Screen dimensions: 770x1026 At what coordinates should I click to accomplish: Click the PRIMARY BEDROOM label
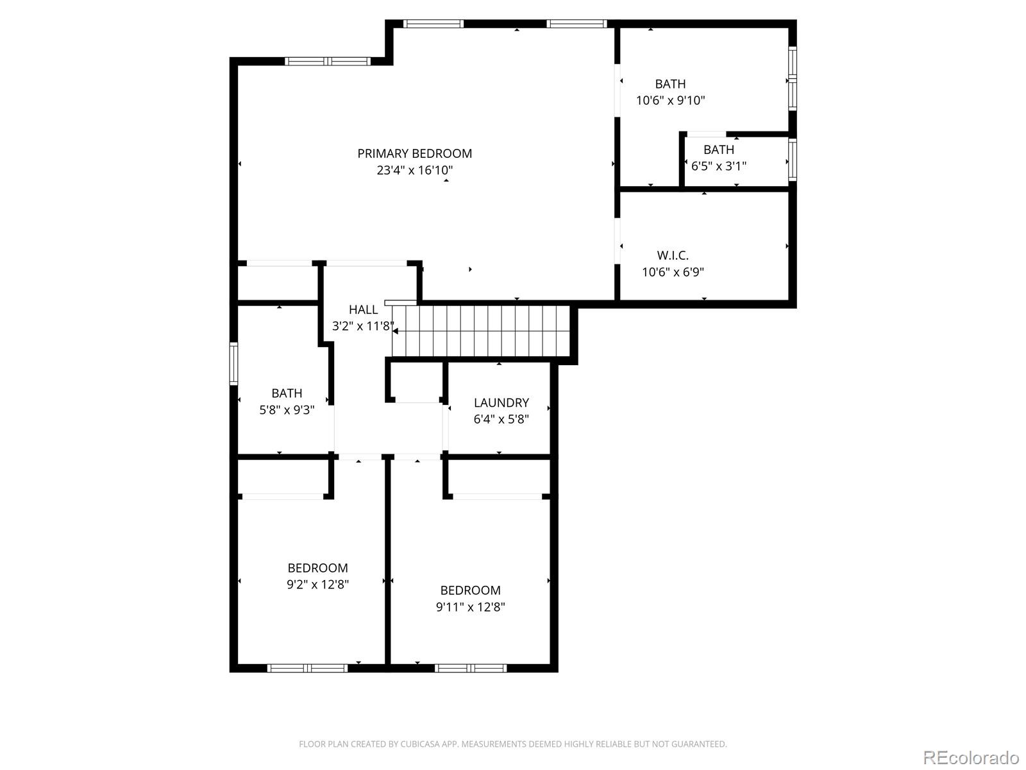pyautogui.click(x=414, y=153)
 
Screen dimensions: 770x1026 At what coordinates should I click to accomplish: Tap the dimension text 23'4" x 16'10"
pyautogui.click(x=414, y=171)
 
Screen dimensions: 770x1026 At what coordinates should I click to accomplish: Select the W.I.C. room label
pyautogui.click(x=673, y=255)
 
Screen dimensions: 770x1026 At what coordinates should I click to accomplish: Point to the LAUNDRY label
pyautogui.click(x=501, y=403)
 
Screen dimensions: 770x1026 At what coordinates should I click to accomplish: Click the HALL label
pyautogui.click(x=363, y=310)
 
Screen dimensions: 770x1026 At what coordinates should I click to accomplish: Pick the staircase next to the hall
pyautogui.click(x=481, y=330)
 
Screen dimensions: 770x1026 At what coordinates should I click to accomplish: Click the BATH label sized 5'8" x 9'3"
pyautogui.click(x=287, y=393)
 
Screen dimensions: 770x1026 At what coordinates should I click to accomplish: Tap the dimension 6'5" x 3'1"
pyautogui.click(x=718, y=166)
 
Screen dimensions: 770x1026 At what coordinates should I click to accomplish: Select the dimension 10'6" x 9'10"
pyautogui.click(x=670, y=101)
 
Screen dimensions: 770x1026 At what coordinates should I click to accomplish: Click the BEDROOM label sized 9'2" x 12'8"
pyautogui.click(x=317, y=568)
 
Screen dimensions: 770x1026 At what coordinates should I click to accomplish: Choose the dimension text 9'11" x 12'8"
pyautogui.click(x=470, y=607)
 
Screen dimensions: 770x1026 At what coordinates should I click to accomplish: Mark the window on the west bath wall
pyautogui.click(x=233, y=364)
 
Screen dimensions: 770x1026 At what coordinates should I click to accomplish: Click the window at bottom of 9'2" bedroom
pyautogui.click(x=307, y=668)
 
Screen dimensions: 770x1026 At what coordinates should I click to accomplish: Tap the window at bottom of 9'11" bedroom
pyautogui.click(x=470, y=668)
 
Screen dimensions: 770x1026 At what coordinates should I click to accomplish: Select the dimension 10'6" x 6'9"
pyautogui.click(x=673, y=272)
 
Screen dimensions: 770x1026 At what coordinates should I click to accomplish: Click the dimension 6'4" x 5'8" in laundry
pyautogui.click(x=501, y=420)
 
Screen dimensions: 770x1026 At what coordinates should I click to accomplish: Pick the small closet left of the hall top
pyautogui.click(x=278, y=282)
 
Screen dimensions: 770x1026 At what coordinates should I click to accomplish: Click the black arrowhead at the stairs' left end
pyautogui.click(x=395, y=331)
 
